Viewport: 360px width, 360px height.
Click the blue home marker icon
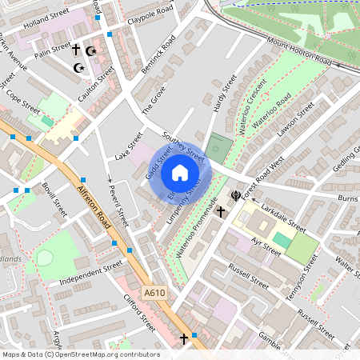(180, 173)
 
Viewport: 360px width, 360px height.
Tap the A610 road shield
(155, 294)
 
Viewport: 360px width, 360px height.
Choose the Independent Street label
(90, 271)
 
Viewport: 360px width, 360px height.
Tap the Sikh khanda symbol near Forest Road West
(236, 194)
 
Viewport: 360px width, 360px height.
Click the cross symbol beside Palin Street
(76, 50)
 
